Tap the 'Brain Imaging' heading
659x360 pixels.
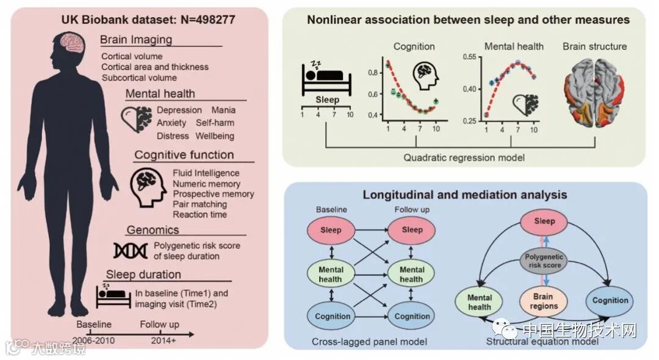pyautogui.click(x=136, y=40)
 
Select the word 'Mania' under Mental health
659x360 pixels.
pyautogui.click(x=223, y=110)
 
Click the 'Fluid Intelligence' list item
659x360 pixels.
pyautogui.click(x=203, y=173)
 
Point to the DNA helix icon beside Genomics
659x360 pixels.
pyautogui.click(x=129, y=251)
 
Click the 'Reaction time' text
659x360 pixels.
pyautogui.click(x=200, y=215)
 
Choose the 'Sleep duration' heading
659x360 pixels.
pyautogui.click(x=143, y=274)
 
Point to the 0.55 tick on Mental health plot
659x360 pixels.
pyautogui.click(x=470, y=57)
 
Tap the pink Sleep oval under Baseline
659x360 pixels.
pyautogui.click(x=330, y=230)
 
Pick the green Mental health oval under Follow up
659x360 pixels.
pyautogui.click(x=412, y=274)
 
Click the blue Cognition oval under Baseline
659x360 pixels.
pyautogui.click(x=333, y=316)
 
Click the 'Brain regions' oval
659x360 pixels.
pyautogui.click(x=542, y=301)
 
